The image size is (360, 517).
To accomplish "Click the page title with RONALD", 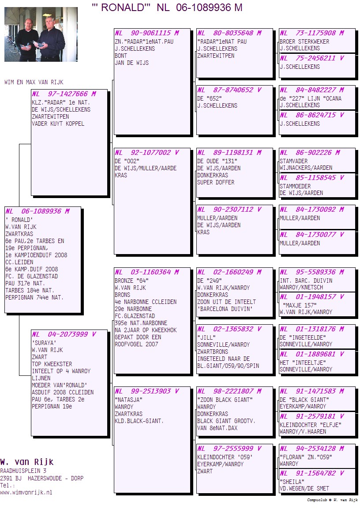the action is pos(167,7).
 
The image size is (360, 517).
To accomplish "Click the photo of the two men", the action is pos(41,34).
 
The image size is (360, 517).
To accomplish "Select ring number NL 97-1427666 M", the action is pos(64,94).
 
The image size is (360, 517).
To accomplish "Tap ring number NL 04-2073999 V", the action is pos(64,334).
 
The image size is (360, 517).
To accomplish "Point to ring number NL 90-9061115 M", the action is pos(147,33).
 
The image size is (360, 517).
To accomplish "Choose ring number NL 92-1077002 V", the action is pos(147,153).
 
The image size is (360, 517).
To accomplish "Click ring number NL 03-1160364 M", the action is pos(147,272).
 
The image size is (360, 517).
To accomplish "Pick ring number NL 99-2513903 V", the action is pos(147,391).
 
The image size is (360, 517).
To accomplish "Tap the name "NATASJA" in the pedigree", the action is pos(128,400).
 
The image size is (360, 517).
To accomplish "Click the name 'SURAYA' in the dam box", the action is pos(44,343).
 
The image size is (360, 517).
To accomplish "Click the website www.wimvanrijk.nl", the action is pos(26,493).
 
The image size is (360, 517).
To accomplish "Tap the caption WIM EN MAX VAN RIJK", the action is pos(34,82).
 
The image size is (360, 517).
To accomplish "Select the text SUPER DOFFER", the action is pos(216,182).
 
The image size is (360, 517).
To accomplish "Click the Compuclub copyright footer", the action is pos(332,500).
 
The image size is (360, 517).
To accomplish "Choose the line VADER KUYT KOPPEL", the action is pos(58,124).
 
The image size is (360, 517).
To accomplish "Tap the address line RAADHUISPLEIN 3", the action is pos(23,471).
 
